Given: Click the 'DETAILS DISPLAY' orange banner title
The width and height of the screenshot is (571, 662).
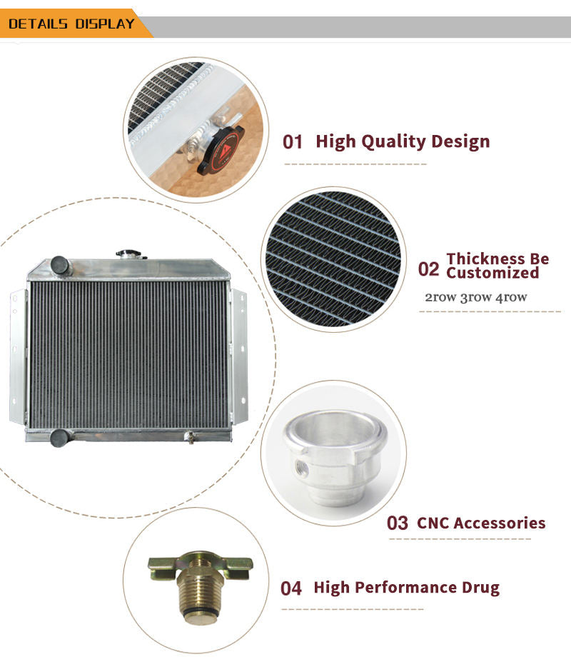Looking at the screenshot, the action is (71, 24).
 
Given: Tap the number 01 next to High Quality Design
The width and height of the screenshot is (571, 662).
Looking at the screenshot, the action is (293, 142).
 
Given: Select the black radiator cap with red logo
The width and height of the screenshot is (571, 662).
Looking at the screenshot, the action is (221, 150).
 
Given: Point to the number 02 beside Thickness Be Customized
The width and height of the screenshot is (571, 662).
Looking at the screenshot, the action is (428, 269).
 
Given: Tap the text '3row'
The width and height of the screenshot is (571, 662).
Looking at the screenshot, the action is (475, 297).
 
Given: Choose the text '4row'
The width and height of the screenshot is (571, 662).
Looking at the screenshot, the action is (511, 297).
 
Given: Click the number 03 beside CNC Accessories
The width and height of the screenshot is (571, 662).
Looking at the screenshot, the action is (398, 523).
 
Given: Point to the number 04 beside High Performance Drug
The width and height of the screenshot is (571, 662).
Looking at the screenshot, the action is (291, 588).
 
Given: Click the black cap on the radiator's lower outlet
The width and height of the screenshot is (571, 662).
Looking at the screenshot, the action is (59, 438).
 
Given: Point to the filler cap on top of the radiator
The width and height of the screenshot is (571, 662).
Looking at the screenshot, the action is (130, 254).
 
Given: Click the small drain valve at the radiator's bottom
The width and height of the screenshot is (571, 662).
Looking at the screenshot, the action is (191, 437).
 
